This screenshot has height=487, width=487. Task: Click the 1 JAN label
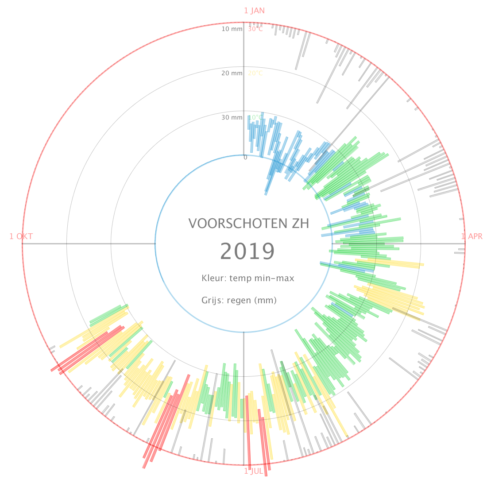(254, 11)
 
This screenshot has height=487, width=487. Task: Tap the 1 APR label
(472, 236)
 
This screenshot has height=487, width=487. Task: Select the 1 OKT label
(21, 236)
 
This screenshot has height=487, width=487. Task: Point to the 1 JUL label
(254, 471)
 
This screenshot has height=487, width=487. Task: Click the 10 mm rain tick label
(232, 29)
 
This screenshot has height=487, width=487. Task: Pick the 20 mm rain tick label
(232, 73)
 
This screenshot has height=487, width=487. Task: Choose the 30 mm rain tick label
(232, 117)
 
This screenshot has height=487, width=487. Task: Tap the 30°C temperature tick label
(255, 29)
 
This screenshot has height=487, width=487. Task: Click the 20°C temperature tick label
(255, 73)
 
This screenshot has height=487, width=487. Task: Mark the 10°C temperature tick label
(255, 117)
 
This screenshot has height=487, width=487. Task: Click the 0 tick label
(245, 158)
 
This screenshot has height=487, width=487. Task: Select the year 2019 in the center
(247, 251)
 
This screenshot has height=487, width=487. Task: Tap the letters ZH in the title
(300, 224)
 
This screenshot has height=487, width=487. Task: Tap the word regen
(239, 301)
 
